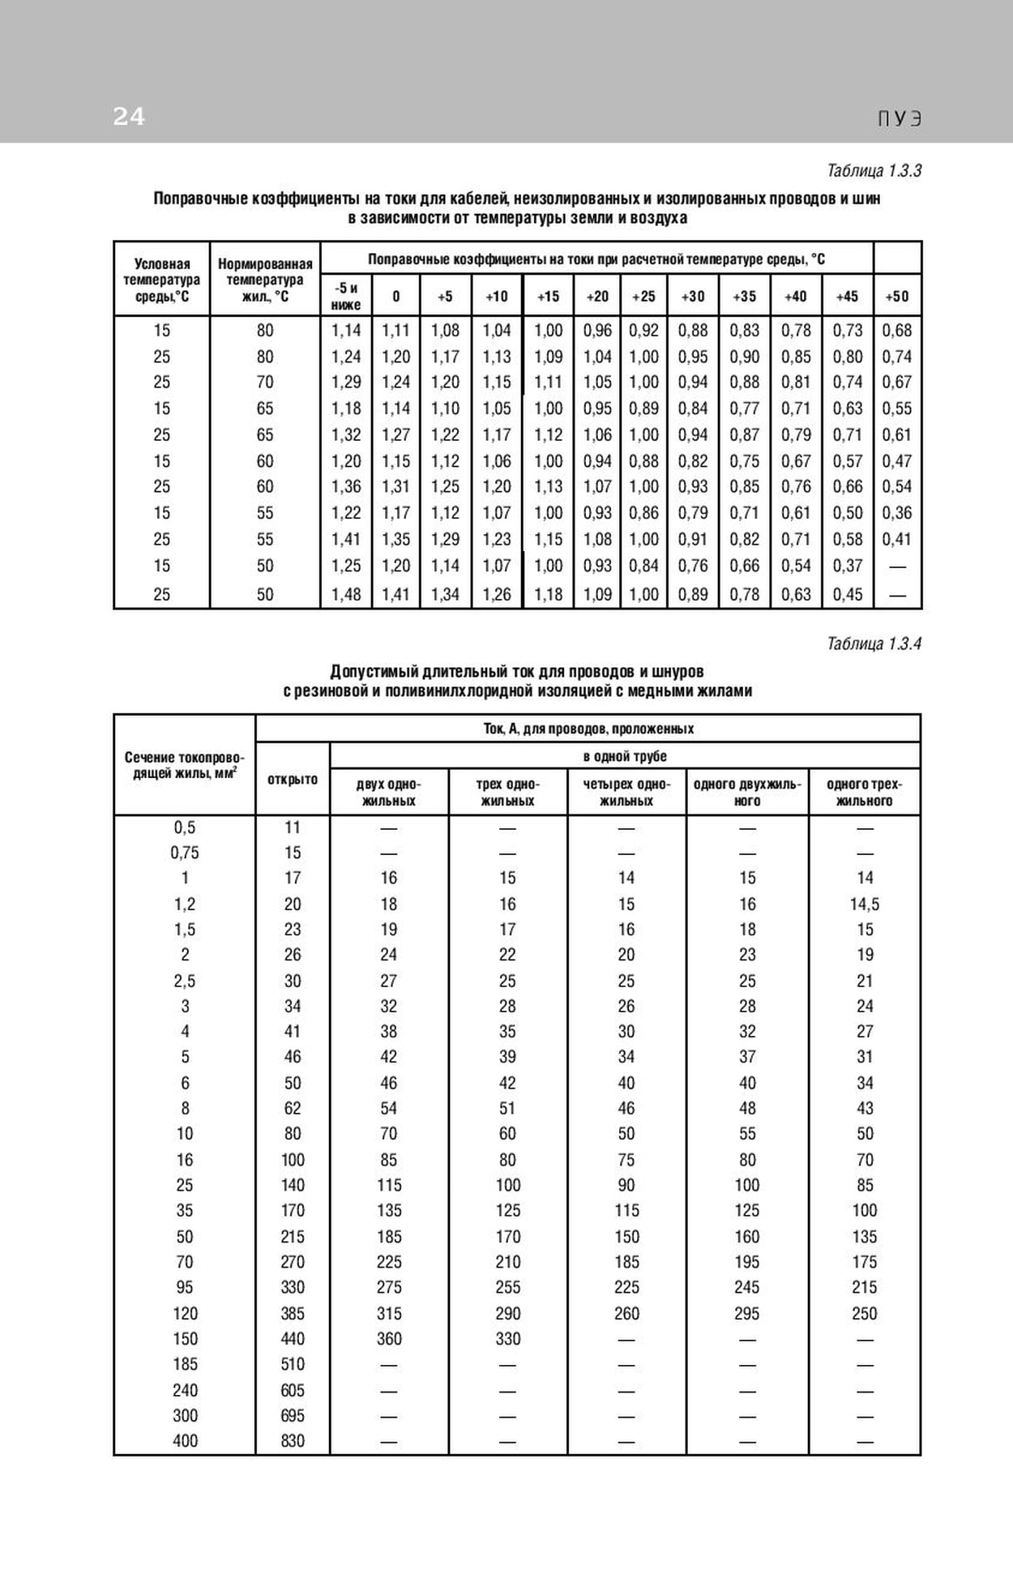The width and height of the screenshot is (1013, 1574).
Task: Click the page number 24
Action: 129,118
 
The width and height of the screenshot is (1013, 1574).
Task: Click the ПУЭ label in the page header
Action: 900,119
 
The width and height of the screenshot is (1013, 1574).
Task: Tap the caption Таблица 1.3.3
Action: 874,171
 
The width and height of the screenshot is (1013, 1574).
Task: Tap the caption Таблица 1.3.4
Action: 874,644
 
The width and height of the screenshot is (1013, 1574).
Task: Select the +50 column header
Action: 897,297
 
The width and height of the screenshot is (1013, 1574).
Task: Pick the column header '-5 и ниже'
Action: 346,296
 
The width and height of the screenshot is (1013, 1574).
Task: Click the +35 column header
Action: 744,297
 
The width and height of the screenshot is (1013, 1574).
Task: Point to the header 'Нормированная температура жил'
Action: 265,280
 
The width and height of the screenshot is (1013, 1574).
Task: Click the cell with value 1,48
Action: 346,595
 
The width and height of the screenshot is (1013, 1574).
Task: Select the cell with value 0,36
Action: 897,513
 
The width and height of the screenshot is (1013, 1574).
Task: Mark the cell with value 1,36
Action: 346,486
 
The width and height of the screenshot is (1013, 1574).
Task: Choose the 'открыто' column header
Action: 293,780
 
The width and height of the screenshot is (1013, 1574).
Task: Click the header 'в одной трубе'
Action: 625,756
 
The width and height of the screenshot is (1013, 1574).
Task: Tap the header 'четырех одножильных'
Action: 626,793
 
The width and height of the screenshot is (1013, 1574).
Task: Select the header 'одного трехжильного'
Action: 864,793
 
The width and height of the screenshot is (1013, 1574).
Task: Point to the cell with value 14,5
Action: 865,905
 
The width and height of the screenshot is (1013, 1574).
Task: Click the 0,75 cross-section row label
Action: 185,853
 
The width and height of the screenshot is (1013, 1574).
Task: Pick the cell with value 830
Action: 293,1441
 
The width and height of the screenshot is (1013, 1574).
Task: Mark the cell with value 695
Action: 293,1416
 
